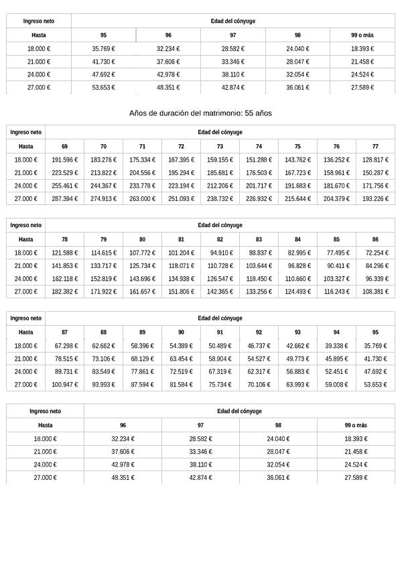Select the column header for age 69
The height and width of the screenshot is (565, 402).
coord(64,145)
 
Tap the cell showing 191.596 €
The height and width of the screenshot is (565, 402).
coord(65,160)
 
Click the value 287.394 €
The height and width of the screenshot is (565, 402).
coord(65,199)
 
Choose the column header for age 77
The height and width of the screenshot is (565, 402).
coord(375,145)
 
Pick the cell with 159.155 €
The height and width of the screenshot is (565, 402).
coord(220,160)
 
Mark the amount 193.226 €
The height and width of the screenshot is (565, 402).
coord(375,199)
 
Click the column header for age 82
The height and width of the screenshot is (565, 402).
coord(220,239)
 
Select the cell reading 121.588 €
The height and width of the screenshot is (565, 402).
coord(65,253)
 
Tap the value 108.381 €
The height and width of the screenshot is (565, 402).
coord(375,292)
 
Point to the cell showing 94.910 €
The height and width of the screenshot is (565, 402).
coord(221,253)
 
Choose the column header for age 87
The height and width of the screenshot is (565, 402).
coord(64,332)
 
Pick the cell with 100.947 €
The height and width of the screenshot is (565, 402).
coord(65,385)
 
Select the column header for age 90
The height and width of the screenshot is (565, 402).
coord(181,332)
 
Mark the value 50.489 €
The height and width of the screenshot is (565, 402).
coord(220,346)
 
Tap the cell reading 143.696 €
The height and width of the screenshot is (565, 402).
coord(142,279)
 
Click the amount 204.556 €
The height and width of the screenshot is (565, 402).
coord(142,173)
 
